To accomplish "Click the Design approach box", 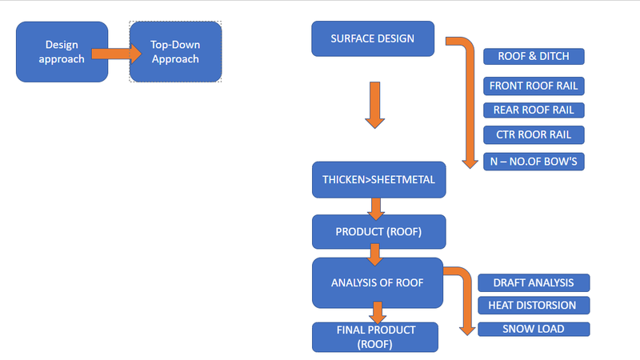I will tap(62, 51).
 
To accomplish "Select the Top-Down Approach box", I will tap(175, 51).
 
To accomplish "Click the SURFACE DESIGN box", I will tap(373, 39).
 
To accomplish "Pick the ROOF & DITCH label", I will tap(534, 56).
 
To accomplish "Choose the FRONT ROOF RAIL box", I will tap(534, 86).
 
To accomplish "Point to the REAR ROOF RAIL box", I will tap(534, 110).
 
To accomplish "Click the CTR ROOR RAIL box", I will tap(534, 134).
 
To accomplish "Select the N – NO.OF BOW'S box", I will tap(534, 162).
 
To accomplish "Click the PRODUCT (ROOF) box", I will tap(378, 232).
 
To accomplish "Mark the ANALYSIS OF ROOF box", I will tap(378, 282).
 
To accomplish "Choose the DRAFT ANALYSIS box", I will tap(533, 282).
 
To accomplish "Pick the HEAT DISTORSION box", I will tap(533, 305).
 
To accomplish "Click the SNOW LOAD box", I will tap(533, 329).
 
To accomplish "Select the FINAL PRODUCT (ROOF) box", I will tap(375, 336).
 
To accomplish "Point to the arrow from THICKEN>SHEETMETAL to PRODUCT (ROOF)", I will tap(375, 208).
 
